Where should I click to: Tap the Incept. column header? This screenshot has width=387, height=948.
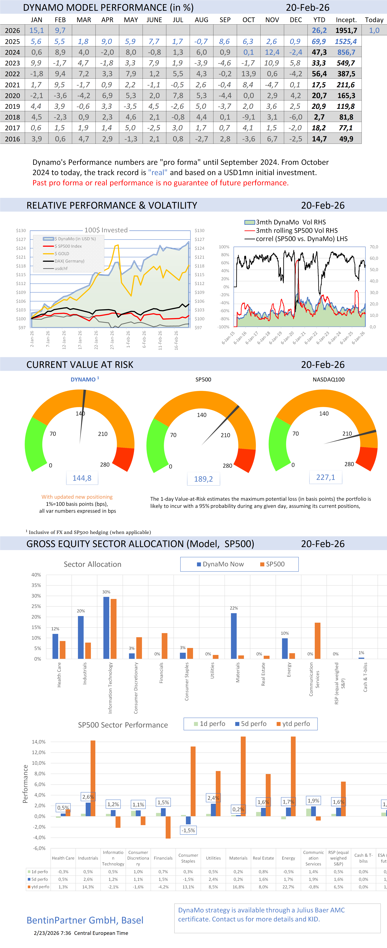coord(346,20)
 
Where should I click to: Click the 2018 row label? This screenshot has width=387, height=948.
coord(12,117)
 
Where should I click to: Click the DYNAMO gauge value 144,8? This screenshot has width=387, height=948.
coord(82,478)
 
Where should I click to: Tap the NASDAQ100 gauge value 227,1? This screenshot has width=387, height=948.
coord(326,477)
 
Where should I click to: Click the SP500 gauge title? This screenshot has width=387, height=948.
coord(203,379)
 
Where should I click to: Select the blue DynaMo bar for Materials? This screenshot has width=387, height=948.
coord(234,635)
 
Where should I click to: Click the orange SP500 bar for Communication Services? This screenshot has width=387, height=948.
coord(317,640)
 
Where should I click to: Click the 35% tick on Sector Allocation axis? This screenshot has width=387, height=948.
coord(36,585)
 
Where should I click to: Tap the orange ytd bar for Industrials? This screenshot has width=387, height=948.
coord(93,778)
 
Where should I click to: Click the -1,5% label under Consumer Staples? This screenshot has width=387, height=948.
coord(188,830)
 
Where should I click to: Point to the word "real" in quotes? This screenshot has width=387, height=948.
coord(158,173)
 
